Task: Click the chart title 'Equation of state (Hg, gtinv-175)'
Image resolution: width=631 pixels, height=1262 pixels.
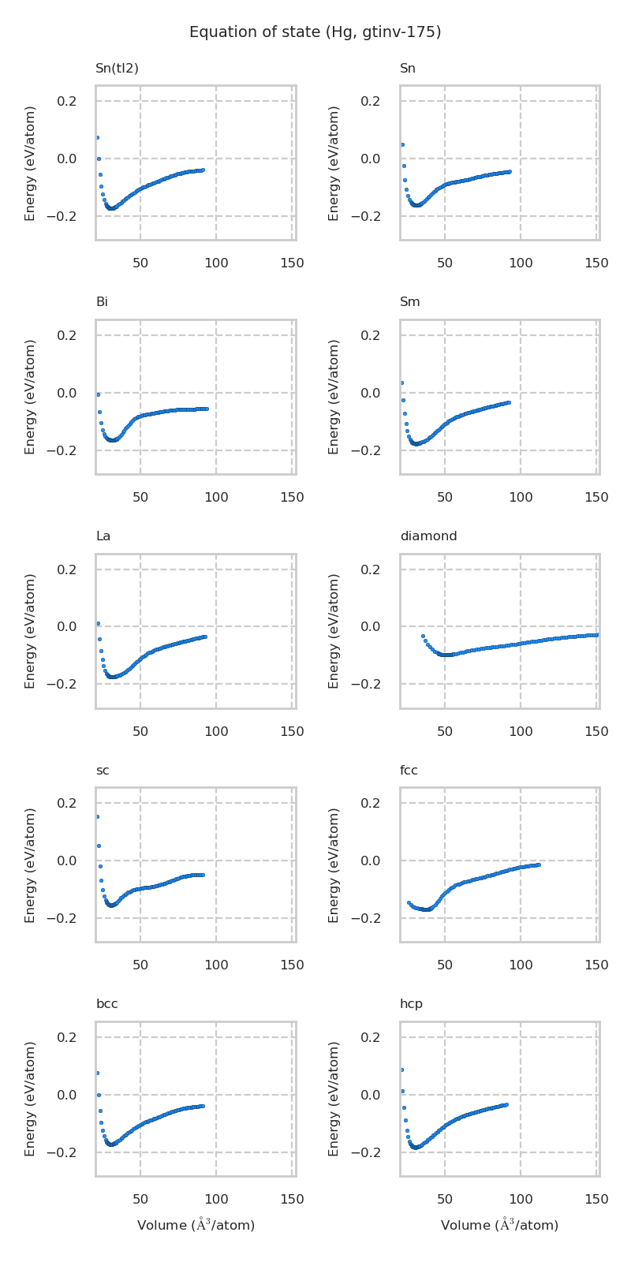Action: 315,32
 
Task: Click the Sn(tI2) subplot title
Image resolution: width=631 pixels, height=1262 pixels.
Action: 117,69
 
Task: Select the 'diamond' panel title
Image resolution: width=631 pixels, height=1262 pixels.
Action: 428,536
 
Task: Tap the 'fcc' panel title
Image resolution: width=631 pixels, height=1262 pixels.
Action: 409,771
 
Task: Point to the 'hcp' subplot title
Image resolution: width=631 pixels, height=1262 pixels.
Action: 411,1004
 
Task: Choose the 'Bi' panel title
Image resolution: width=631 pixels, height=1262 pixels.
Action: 102,302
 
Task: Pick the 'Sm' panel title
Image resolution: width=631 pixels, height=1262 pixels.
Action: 410,302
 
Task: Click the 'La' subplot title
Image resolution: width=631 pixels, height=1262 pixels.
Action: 103,536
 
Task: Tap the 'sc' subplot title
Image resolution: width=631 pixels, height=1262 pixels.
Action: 103,771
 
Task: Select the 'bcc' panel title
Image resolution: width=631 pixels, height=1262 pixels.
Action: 107,1004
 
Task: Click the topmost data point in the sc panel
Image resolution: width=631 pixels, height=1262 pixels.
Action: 97,816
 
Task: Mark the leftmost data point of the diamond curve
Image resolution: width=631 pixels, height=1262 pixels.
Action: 423,636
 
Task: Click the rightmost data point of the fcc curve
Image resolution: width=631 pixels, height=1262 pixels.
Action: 538,865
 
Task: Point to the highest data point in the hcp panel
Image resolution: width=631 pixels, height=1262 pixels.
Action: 401,1070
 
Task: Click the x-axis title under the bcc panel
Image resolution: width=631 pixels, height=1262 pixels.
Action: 196,1225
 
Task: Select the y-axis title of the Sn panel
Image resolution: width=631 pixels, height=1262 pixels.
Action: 334,163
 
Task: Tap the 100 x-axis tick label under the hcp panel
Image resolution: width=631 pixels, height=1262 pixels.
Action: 521,1200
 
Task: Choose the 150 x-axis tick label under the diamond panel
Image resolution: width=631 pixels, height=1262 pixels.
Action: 596,732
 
